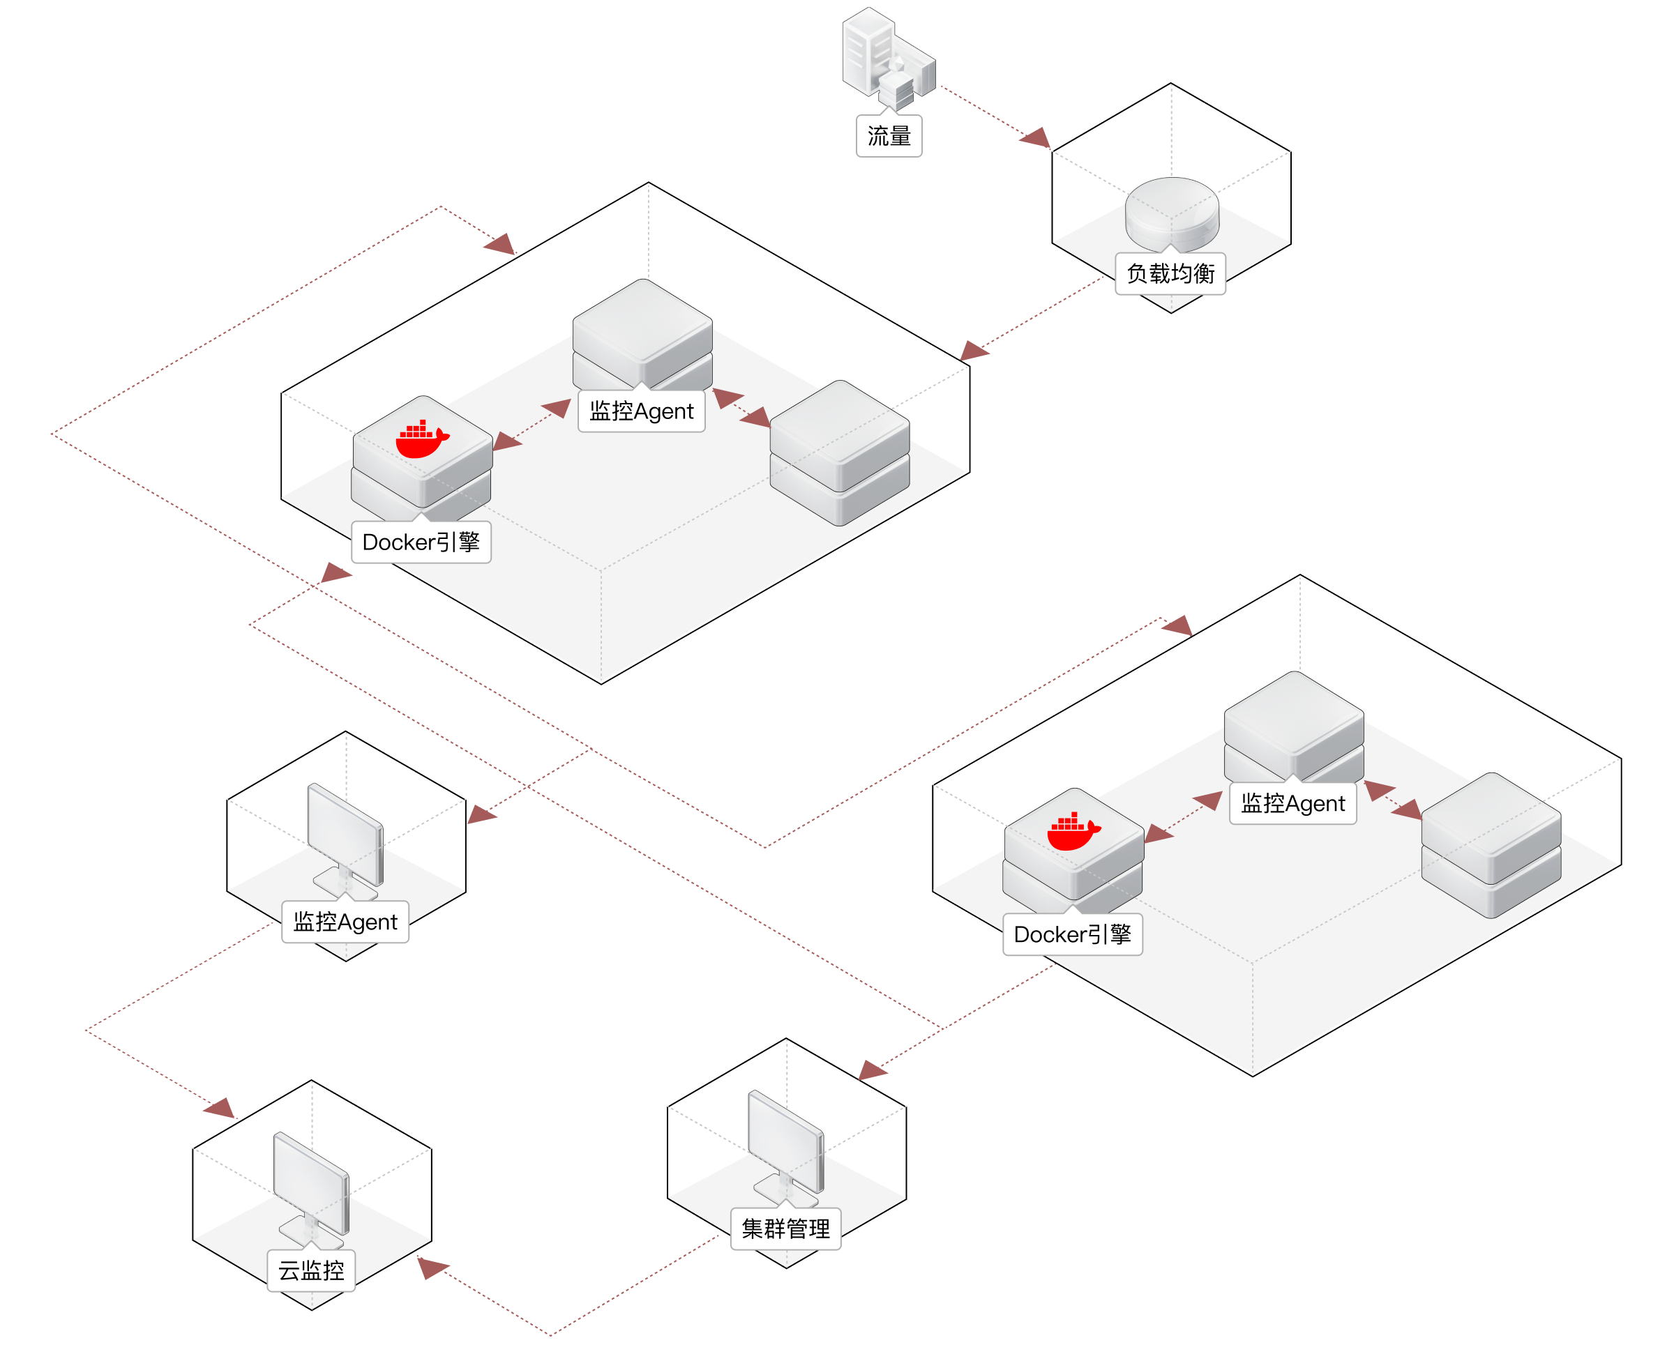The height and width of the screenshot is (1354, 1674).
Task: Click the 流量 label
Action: click(889, 137)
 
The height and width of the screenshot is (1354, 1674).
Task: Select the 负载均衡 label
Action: click(1170, 274)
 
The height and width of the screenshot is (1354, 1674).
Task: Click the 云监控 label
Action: click(311, 1270)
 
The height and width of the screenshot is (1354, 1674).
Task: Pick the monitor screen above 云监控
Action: click(311, 1182)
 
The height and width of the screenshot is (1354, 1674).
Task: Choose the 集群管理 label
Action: click(785, 1229)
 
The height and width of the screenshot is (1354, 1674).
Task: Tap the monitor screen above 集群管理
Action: click(785, 1139)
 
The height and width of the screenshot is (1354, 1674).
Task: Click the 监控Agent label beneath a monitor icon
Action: click(345, 922)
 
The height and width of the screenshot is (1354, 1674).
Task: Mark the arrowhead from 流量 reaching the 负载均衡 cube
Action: click(1036, 139)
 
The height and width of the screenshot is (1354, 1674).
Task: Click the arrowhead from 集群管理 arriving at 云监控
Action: click(431, 1268)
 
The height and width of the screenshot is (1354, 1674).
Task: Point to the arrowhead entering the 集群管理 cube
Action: click(872, 1070)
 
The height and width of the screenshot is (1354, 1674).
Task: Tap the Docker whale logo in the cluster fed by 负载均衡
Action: click(422, 440)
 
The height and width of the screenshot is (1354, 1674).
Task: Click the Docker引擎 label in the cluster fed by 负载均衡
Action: click(421, 542)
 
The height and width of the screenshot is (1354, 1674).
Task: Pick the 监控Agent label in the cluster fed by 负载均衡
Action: click(641, 411)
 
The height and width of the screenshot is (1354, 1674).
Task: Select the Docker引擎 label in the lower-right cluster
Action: click(1073, 934)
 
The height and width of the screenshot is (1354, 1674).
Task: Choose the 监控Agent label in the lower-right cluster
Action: click(1292, 803)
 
